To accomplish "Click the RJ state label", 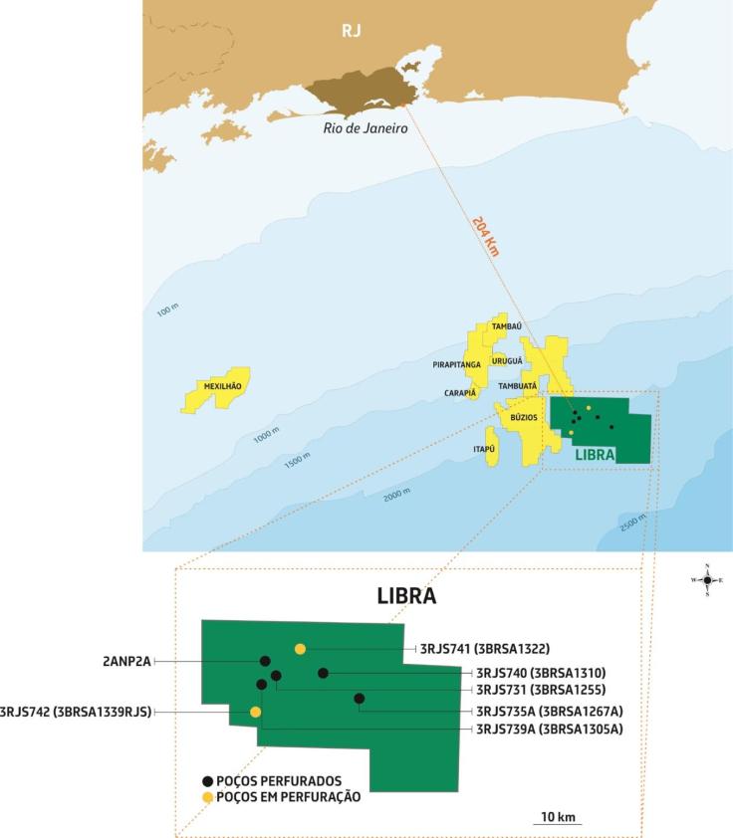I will click(351, 31).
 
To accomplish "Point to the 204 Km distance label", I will click(485, 236).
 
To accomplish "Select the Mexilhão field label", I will click(222, 385).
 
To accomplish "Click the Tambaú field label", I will click(507, 326).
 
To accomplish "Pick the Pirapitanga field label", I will click(457, 365).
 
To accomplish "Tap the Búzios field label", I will click(524, 417).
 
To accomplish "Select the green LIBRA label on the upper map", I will click(596, 454).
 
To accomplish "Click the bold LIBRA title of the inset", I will click(406, 596).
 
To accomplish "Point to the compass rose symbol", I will click(707, 579).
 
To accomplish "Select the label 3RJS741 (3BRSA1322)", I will click(485, 649).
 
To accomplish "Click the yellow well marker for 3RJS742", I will click(256, 712).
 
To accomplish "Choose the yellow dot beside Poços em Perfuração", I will click(207, 797).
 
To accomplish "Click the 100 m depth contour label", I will click(166, 311).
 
